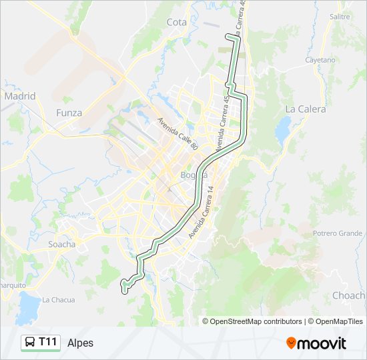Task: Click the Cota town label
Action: tap(177, 22)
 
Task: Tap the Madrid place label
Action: tap(19, 96)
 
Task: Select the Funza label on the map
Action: tap(69, 113)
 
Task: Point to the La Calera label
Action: tap(306, 109)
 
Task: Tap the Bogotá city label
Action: tap(194, 175)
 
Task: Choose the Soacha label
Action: tap(62, 244)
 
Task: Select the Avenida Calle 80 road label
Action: tap(178, 134)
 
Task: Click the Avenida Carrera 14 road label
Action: tap(201, 213)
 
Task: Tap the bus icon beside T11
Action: tap(30, 343)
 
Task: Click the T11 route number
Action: tap(48, 342)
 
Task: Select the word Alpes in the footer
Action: tap(81, 343)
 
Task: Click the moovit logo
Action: tap(316, 343)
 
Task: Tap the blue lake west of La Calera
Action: tap(283, 129)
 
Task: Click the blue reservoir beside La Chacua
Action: tap(30, 307)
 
